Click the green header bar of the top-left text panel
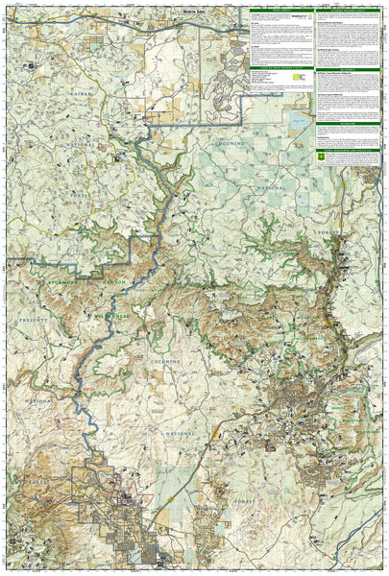(280, 12)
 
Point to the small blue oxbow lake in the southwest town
(123, 494)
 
